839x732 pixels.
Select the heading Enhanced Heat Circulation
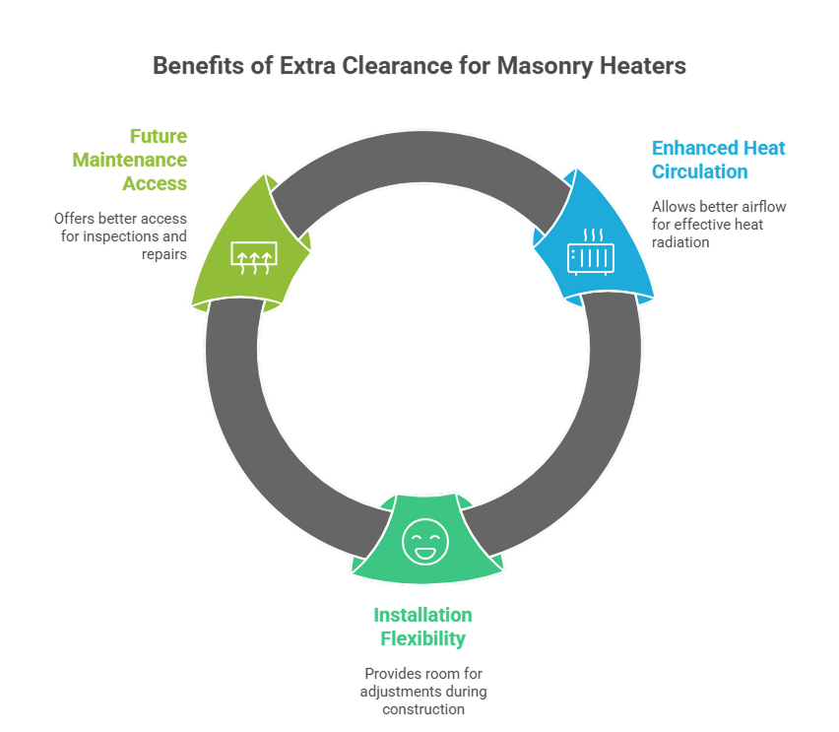pos(718,160)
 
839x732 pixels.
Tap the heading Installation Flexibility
pos(422,627)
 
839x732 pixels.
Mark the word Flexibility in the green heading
pos(422,638)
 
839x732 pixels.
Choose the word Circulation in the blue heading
pos(699,171)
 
